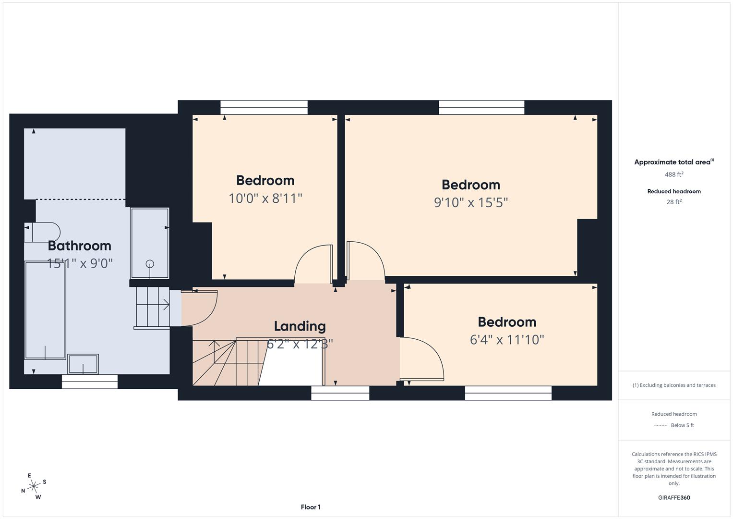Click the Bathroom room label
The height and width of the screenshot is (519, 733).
click(80, 246)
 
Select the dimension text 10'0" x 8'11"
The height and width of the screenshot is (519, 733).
click(265, 198)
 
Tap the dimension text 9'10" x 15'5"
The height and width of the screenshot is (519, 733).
click(470, 202)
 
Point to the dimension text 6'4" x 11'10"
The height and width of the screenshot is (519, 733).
click(506, 340)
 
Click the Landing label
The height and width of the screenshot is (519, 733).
click(300, 326)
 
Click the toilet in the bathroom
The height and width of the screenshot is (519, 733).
click(42, 232)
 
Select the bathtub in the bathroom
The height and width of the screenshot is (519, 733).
click(45, 310)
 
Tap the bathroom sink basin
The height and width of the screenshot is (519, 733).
click(83, 364)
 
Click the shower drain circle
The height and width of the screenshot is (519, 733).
click(150, 264)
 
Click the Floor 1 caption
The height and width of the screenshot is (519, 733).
click(311, 507)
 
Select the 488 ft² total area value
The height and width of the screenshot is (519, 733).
click(673, 174)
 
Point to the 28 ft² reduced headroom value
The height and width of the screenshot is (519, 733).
click(673, 202)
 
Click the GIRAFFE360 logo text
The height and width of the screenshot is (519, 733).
click(673, 497)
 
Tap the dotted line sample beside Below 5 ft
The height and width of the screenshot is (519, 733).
click(661, 425)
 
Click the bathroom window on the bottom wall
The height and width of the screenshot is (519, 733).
click(90, 382)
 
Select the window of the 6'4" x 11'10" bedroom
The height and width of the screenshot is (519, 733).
click(508, 393)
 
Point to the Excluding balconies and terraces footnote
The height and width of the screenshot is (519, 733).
click(673, 385)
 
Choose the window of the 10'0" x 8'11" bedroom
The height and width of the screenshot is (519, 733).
click(264, 108)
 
